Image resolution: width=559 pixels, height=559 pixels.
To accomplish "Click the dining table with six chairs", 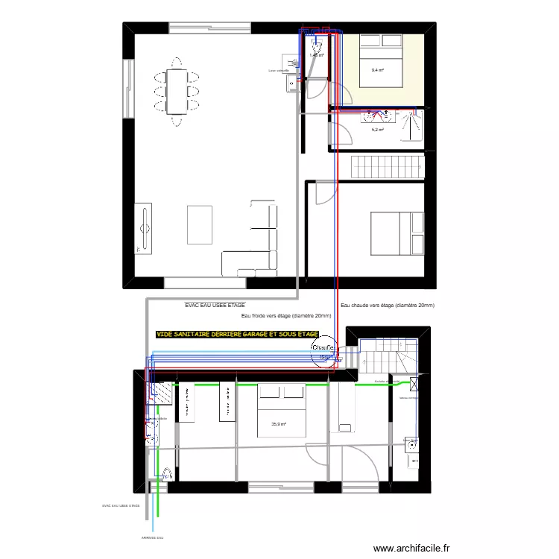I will [x=176, y=91].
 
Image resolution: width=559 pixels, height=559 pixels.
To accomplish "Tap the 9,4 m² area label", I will [x=377, y=71].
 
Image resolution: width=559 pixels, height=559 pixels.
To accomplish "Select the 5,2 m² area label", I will [x=377, y=130].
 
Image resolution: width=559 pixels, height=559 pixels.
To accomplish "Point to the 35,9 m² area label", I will [x=279, y=424].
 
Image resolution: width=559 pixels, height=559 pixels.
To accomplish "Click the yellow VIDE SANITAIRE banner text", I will [x=237, y=335].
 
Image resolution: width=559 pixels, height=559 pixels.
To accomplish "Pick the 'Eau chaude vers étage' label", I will [x=387, y=306].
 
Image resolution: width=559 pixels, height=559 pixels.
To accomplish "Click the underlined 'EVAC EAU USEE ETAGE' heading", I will [x=215, y=306].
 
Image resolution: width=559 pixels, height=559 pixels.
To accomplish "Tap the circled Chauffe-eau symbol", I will [x=324, y=351].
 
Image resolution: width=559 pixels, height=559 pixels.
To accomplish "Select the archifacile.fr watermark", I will [x=412, y=548].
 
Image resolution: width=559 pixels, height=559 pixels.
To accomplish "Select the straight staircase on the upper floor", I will [x=387, y=165].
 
